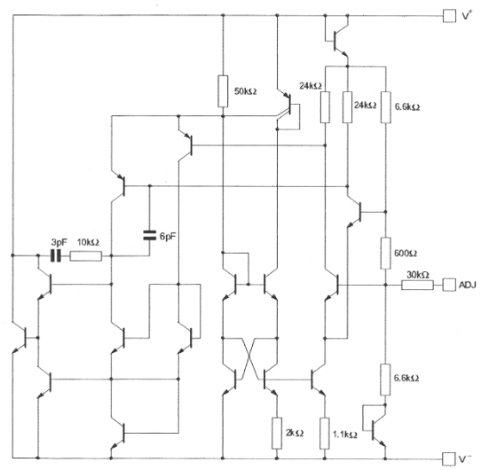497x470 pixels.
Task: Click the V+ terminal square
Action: coord(449,15)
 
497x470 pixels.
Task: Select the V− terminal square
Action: coord(449,458)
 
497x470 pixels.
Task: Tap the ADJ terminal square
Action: coord(449,285)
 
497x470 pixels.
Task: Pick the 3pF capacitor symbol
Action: coord(55,256)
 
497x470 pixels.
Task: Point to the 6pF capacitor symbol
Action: coord(148,235)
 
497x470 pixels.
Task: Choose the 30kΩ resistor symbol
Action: coord(418,285)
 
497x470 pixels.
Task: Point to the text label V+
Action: coord(468,15)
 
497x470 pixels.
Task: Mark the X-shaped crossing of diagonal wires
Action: coord(249,359)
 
